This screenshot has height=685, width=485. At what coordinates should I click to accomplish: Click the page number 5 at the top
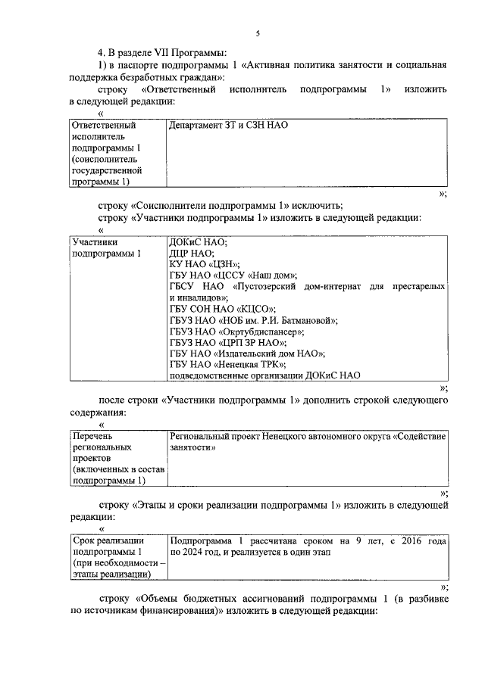point(258,33)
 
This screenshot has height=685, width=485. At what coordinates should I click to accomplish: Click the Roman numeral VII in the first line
point(173,53)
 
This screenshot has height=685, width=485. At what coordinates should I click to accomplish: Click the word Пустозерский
point(277,287)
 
